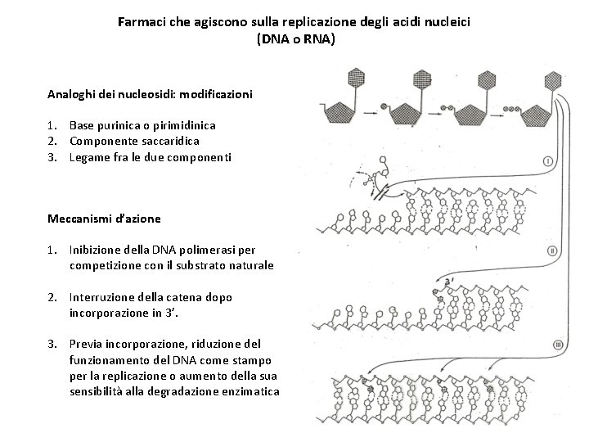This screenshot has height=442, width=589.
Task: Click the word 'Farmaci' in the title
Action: [x=140, y=22]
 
